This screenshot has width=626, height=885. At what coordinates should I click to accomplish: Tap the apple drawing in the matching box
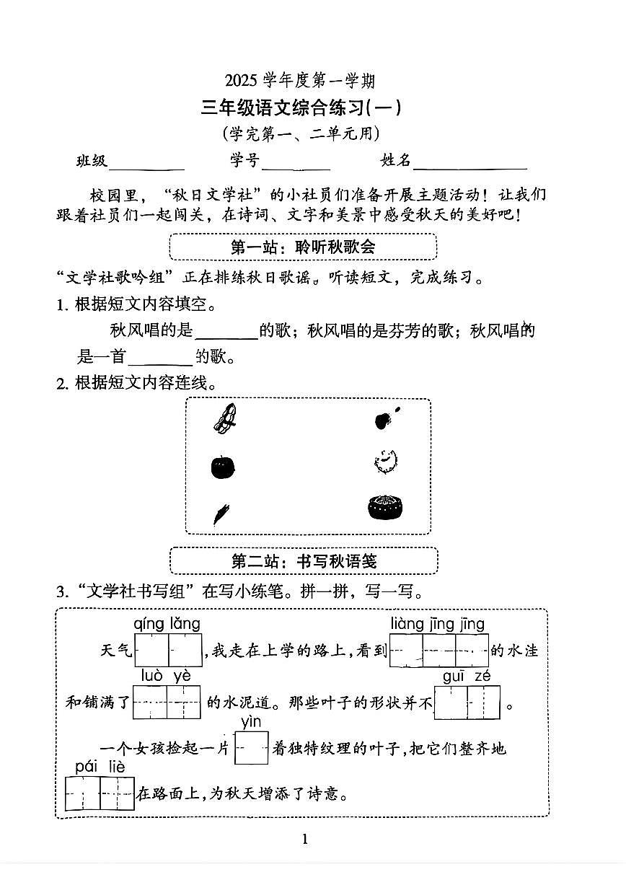223,467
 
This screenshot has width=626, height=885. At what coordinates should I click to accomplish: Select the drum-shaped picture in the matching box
385,507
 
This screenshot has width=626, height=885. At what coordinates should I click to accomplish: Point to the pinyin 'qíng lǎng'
167,624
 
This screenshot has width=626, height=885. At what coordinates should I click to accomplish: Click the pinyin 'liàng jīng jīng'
438,624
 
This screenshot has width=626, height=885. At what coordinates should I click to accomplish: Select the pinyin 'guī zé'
466,676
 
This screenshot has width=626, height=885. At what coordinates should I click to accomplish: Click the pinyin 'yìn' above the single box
251,722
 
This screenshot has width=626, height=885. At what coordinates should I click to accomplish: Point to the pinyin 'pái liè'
100,766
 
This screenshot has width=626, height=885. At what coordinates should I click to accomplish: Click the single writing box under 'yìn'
251,748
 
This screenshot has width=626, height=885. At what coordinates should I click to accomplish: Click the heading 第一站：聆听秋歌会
303,247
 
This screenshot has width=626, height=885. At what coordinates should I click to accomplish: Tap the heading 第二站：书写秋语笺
304,560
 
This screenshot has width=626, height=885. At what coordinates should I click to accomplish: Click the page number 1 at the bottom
304,839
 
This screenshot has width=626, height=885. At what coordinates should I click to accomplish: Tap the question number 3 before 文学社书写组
61,592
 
